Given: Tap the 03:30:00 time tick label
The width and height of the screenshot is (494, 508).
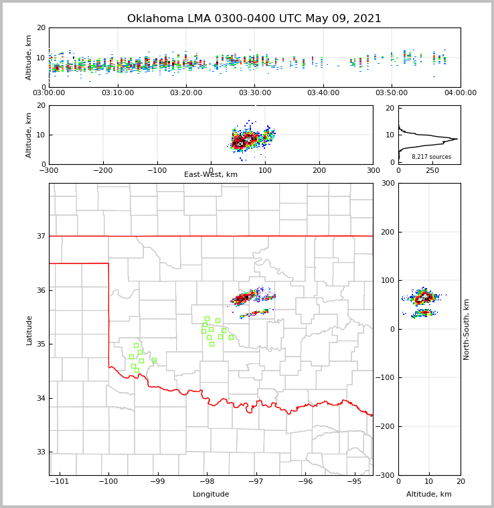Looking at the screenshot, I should click(x=255, y=93).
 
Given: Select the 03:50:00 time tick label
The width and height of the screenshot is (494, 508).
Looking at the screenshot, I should click(x=392, y=93).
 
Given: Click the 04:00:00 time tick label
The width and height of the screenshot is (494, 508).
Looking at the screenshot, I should click(x=460, y=93).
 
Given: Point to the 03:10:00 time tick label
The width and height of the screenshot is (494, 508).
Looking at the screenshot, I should click(x=118, y=93).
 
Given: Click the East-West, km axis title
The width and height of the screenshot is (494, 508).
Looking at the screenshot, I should click(x=211, y=175).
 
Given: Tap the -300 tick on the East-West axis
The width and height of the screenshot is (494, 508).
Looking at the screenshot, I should click(x=49, y=170).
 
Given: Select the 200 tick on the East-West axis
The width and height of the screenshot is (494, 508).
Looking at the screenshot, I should click(x=319, y=170).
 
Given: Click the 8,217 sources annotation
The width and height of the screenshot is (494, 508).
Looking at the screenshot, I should click(x=431, y=157).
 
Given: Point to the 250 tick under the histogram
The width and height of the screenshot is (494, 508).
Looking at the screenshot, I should click(x=432, y=170).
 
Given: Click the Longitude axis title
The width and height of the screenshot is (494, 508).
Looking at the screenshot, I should click(x=211, y=495).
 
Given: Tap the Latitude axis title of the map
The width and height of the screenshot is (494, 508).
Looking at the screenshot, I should click(x=29, y=330).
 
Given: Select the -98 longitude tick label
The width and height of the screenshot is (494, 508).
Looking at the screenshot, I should click(x=207, y=482).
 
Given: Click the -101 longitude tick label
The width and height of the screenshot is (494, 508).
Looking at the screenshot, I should click(x=60, y=482).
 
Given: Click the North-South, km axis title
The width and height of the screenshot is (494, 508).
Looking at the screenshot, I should click(x=467, y=329).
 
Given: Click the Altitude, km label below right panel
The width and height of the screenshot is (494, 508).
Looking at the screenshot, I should click(x=429, y=495).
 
